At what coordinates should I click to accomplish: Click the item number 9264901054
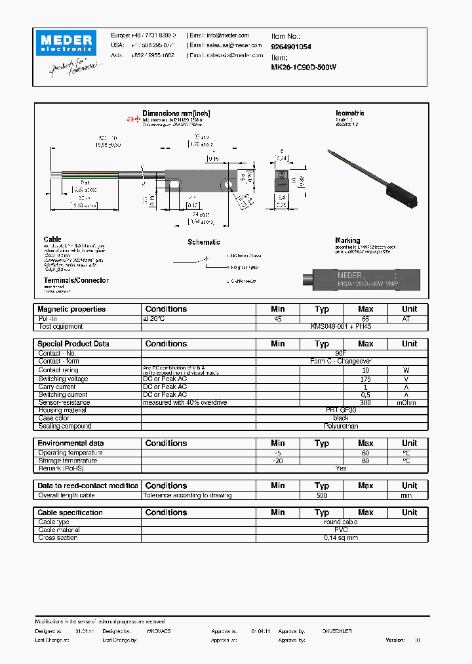click(x=291, y=47)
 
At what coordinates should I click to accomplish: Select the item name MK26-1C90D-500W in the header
click(x=304, y=67)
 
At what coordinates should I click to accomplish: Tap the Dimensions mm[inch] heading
click(x=176, y=114)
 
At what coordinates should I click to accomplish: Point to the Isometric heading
click(x=349, y=114)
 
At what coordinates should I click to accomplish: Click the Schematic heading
click(x=204, y=242)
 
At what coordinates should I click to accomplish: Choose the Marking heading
click(x=347, y=241)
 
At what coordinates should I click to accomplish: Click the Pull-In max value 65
click(x=365, y=318)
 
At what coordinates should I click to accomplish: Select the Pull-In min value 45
click(x=278, y=318)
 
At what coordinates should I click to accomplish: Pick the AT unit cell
click(x=409, y=318)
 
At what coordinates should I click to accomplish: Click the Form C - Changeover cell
click(x=341, y=361)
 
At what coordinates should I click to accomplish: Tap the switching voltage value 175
click(x=365, y=379)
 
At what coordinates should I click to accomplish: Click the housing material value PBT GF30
click(x=341, y=410)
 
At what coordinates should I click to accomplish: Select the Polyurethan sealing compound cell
click(x=341, y=426)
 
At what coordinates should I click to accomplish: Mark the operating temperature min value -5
click(x=278, y=453)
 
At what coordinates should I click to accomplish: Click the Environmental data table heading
click(x=70, y=444)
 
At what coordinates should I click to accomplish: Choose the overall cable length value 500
click(x=321, y=495)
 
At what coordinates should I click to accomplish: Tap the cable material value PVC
click(x=341, y=530)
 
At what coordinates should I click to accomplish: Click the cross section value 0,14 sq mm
click(x=341, y=538)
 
